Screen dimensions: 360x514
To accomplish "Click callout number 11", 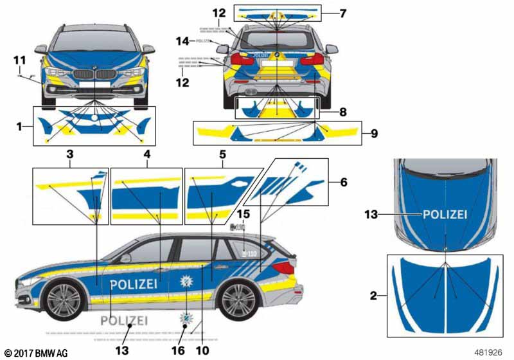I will coord(18,60).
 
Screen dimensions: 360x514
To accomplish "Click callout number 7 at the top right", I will coord(342,12).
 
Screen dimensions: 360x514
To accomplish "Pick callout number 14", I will coord(184,40).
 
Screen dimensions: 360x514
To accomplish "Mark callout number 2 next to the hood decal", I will coord(373,296).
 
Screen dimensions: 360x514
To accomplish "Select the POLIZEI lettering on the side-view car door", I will coord(133,284).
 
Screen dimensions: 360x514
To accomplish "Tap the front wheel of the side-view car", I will coord(64,300).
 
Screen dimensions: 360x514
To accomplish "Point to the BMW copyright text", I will coord(35,354).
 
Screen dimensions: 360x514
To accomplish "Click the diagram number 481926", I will coord(488,353).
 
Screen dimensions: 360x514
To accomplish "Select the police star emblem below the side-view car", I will coord(187,320).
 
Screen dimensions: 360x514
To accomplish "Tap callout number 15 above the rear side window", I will coord(244,213).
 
